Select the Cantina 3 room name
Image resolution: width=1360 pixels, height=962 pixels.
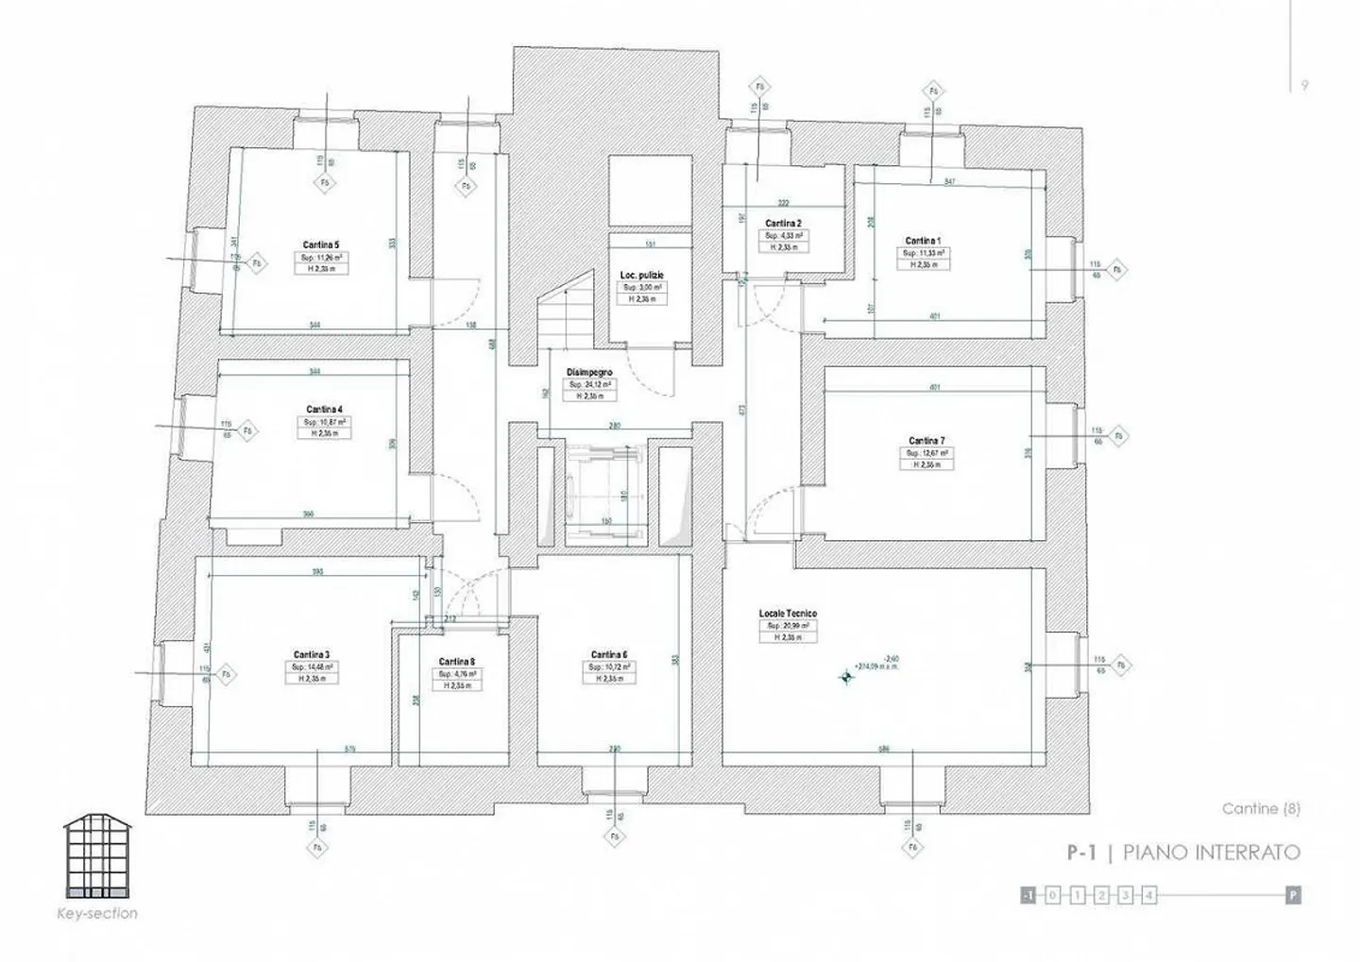point(312,654)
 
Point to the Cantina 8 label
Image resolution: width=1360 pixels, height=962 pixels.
point(457,662)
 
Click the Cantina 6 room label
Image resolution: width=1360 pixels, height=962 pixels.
point(609,654)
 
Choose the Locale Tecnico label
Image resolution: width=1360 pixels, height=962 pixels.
point(788,614)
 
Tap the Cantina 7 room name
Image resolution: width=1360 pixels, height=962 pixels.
point(926,441)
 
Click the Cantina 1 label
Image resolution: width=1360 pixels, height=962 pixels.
point(923,241)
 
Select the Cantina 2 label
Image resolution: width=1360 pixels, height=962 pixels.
point(784,224)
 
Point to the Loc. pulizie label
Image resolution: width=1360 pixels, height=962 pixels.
point(642,275)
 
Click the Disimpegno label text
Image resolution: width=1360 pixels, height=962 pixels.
point(589,373)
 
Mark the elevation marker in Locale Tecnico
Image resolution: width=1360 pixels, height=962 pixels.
point(846,676)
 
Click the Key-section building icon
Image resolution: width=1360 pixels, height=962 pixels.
point(98,857)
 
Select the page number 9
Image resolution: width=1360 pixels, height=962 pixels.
point(1305,85)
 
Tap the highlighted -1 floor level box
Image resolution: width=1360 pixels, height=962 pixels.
point(1028,895)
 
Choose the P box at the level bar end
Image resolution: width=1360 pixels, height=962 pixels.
point(1293,895)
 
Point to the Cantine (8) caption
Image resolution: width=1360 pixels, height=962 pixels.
point(1261,809)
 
